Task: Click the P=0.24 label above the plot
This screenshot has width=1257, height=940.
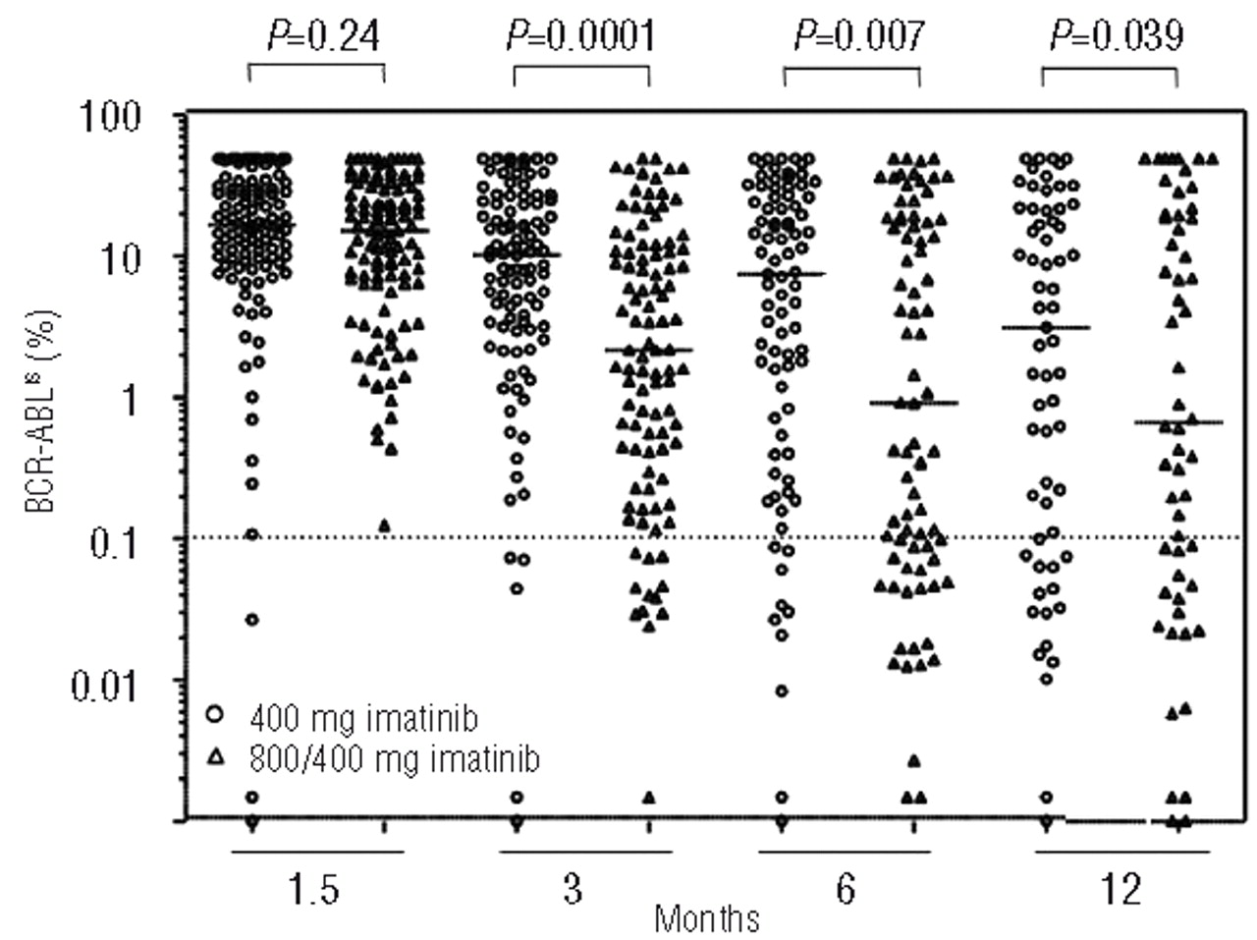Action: coord(324,35)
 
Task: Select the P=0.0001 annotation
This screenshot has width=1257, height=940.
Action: coord(580,35)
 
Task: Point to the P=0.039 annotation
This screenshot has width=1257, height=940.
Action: coord(1117,35)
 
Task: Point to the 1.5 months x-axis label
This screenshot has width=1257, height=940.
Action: coord(317,890)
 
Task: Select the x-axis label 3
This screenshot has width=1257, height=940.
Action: coord(573,890)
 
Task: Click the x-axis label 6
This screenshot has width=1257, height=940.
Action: coord(846,890)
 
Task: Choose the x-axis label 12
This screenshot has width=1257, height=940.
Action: coord(1120,890)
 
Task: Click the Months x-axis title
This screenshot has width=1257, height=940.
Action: coord(706,919)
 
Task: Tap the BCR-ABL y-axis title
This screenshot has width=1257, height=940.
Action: coord(43,413)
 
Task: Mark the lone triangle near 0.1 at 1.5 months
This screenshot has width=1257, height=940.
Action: coord(384,525)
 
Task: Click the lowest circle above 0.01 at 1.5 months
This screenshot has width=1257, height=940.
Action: coord(251,620)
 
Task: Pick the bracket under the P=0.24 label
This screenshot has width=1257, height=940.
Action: coord(316,66)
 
